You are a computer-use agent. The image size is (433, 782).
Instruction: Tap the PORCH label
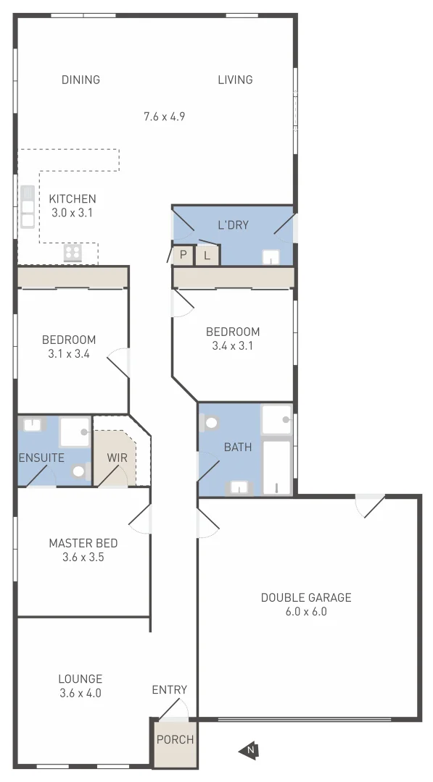[x=175, y=739]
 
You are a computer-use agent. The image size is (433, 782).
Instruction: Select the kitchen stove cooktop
[x=73, y=252]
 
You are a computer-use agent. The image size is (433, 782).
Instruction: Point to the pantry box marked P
[x=183, y=255]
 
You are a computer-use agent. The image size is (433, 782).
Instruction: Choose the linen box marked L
[x=207, y=255]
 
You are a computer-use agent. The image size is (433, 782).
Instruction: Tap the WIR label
[x=117, y=458]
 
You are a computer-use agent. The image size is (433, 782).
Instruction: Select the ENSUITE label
[x=42, y=458]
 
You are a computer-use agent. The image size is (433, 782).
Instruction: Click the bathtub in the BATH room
[x=276, y=467]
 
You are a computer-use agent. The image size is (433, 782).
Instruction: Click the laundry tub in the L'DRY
[x=271, y=257]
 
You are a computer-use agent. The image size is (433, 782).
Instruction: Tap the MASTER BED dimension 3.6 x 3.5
[x=83, y=558]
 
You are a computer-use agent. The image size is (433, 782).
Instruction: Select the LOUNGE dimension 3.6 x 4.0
[x=80, y=693]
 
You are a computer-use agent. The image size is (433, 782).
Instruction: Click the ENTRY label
[x=170, y=690]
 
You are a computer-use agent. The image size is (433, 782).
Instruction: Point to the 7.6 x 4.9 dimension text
[x=164, y=116]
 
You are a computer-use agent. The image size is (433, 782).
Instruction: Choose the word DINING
[x=81, y=80]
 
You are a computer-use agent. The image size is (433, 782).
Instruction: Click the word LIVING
[x=235, y=80]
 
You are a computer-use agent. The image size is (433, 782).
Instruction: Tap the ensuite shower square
[x=74, y=432]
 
